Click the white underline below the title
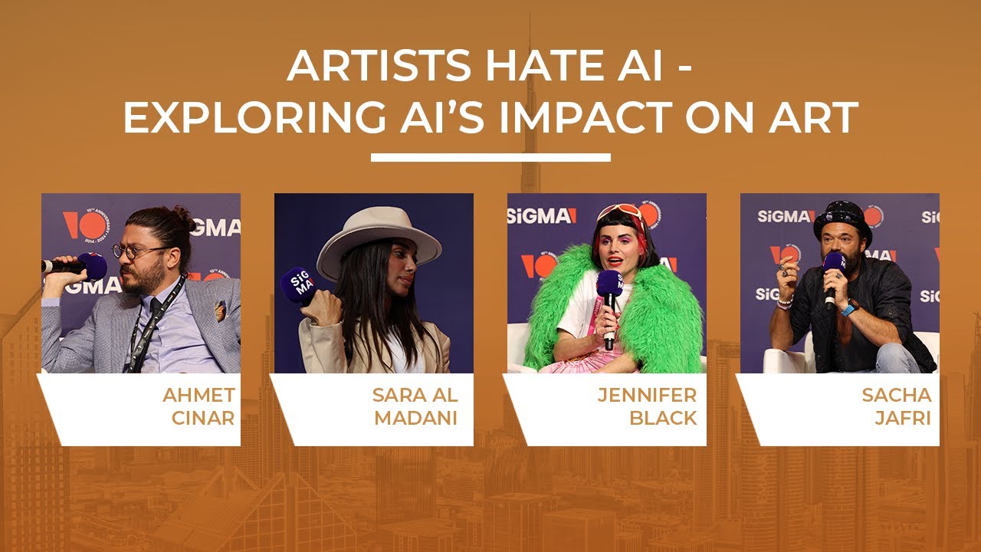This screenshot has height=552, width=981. tap(490, 157)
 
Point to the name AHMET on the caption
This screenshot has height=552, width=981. tap(198, 395)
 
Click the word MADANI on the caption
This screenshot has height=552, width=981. tap(415, 418)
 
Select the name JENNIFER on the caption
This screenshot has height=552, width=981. tap(647, 395)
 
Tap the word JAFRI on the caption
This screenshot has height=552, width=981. tap(903, 418)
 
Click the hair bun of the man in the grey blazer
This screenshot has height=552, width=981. tap(183, 215)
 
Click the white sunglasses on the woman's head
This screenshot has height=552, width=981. tap(620, 212)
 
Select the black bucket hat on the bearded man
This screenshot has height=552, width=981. tap(842, 222)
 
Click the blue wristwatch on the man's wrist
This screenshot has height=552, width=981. tap(848, 308)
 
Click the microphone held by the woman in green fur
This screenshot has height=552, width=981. tap(609, 302)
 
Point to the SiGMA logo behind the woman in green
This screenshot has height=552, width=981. tap(542, 216)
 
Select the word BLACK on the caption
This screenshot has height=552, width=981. tap(663, 418)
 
